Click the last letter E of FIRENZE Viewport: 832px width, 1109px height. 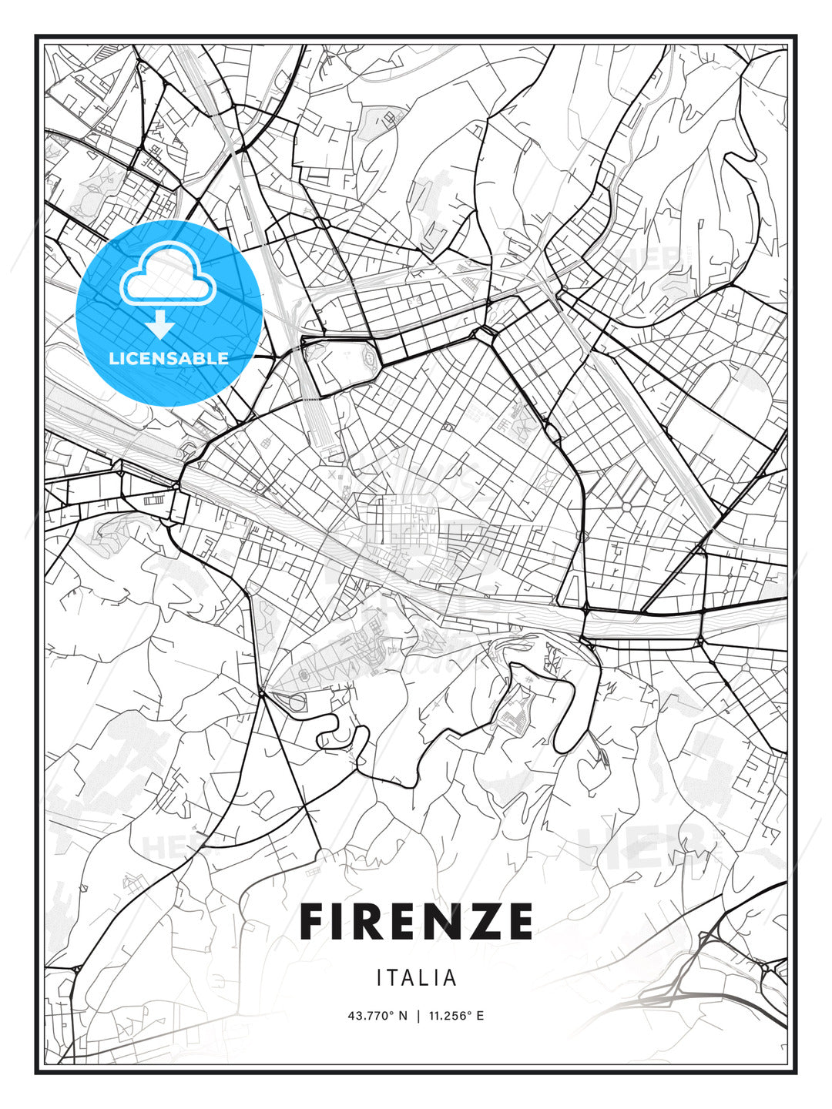(518, 921)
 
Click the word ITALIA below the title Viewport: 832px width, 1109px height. (417, 978)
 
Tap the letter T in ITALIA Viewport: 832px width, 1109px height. (394, 978)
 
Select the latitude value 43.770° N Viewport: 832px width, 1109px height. (377, 1016)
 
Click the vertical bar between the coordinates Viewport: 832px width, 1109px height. (417, 1016)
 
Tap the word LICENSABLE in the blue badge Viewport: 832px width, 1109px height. (169, 358)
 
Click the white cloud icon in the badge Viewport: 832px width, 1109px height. (167, 275)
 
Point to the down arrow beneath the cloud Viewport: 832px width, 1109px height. (160, 323)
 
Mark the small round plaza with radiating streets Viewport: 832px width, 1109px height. (626, 506)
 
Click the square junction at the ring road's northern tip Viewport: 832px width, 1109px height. (486, 333)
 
